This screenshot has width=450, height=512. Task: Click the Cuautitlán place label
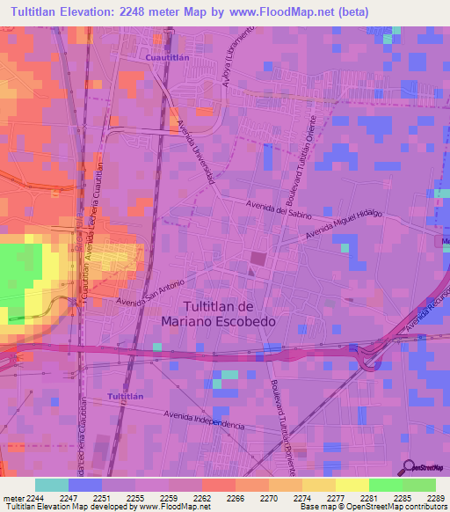click(165, 57)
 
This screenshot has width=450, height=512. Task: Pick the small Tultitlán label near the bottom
click(125, 398)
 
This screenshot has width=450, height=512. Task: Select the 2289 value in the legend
click(436, 497)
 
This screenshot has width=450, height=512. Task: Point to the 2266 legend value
click(236, 497)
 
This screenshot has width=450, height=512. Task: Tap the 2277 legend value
click(336, 497)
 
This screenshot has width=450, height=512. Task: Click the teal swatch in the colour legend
click(52, 485)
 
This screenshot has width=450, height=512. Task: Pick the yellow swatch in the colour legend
click(352, 485)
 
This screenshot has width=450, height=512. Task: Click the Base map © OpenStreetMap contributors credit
click(373, 507)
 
